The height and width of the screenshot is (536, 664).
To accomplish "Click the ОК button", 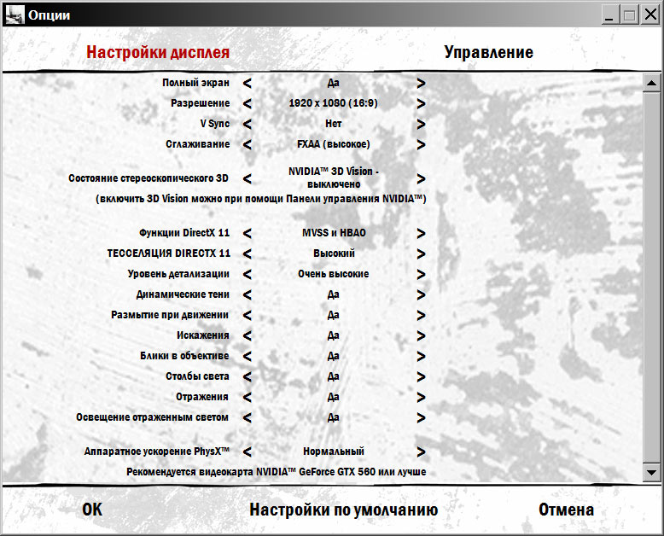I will coord(92,510).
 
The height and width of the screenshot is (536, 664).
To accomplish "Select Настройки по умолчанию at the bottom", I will coord(343,510).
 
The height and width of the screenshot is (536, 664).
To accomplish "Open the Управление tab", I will coord(488,52).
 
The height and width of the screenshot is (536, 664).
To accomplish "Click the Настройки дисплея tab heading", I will coord(158,52).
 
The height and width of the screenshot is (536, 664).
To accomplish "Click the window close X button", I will coord(649,15).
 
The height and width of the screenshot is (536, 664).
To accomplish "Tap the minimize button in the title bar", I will coord(609,15).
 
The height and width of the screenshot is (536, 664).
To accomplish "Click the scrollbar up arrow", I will coord(652,83).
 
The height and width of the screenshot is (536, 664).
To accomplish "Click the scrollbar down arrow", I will coord(652,472).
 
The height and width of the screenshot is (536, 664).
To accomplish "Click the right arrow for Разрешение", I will coord(421,103).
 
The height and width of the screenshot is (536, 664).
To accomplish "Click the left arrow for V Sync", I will coord(248,124).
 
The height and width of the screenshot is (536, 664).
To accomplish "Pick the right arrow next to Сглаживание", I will coord(421,144).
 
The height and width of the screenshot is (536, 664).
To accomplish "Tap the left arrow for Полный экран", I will coord(248,83).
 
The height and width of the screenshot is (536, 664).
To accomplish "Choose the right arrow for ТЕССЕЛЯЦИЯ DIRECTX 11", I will coord(421,253).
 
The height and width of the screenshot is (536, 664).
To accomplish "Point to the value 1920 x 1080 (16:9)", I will coord(333,103).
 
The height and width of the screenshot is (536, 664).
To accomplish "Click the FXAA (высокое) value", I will coord(333,144).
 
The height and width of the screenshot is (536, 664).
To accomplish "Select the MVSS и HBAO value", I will coord(334,233).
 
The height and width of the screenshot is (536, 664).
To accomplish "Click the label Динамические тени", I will coord(183,294).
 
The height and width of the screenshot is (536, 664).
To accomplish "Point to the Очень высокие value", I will coord(333,274).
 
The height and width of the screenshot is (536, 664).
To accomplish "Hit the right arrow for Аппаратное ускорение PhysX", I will coord(421,452).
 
